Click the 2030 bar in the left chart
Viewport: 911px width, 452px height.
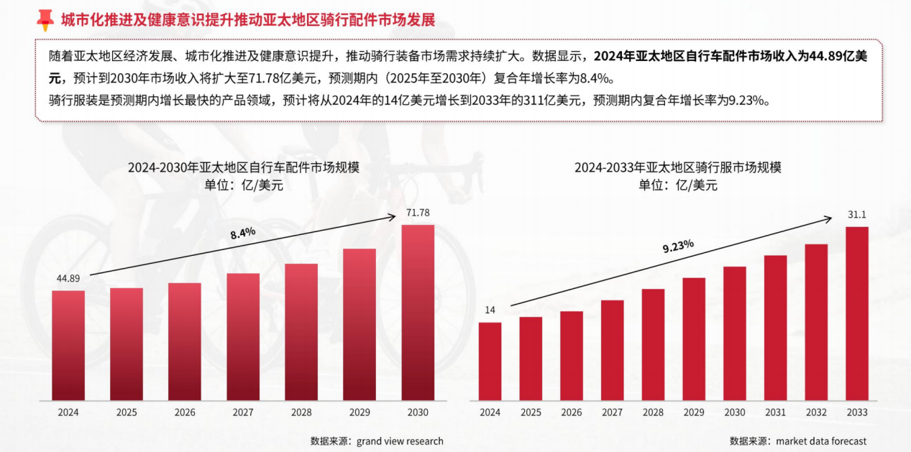pyautogui.click(x=418, y=313)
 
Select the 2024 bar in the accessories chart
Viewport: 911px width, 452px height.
pyautogui.click(x=68, y=346)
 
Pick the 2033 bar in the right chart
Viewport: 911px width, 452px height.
pyautogui.click(x=857, y=314)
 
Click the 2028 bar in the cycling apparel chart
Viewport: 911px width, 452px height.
pyautogui.click(x=653, y=345)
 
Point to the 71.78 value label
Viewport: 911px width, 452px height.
pyautogui.click(x=418, y=213)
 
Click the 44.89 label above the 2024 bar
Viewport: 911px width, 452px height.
pyautogui.click(x=68, y=279)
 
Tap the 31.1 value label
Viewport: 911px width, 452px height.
pyautogui.click(x=857, y=215)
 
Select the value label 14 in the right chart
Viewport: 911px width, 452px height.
pyautogui.click(x=490, y=310)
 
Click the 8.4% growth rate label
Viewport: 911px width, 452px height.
pyautogui.click(x=243, y=233)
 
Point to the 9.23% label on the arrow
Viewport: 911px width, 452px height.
pyautogui.click(x=677, y=246)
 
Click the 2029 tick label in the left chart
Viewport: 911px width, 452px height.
pyautogui.click(x=360, y=412)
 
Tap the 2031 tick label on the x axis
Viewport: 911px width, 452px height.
pyautogui.click(x=775, y=412)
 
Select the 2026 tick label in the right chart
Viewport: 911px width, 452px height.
pyautogui.click(x=572, y=412)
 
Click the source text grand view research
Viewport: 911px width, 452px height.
pyautogui.click(x=400, y=441)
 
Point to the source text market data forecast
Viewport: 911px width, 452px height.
pyautogui.click(x=821, y=441)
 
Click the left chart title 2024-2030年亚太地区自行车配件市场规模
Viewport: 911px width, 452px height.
pyautogui.click(x=243, y=167)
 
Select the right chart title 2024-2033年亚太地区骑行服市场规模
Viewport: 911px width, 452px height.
pyautogui.click(x=677, y=167)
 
